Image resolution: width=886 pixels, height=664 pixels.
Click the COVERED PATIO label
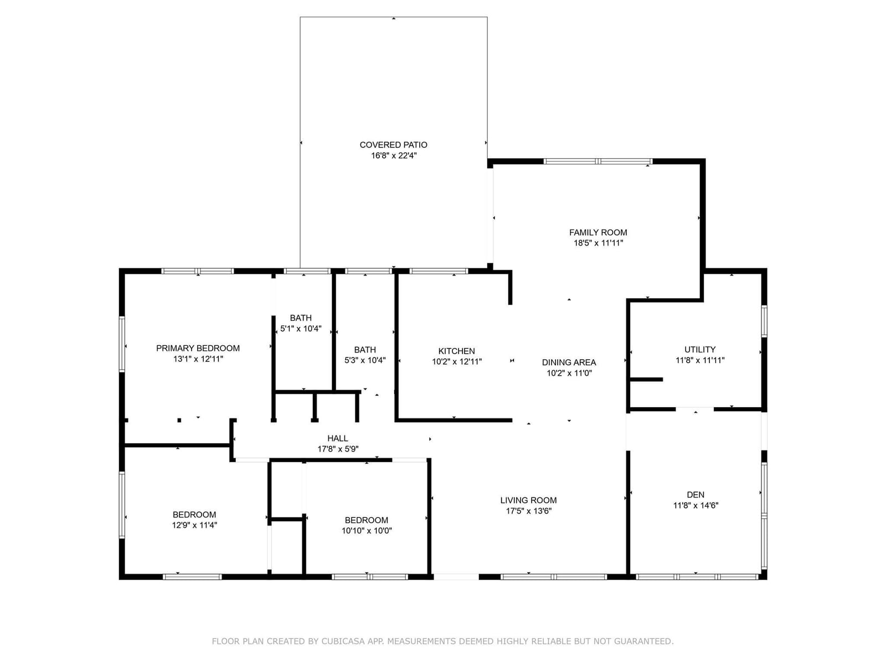393,145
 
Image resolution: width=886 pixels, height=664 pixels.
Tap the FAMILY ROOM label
598,232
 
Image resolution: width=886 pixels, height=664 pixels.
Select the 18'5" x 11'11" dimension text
598,243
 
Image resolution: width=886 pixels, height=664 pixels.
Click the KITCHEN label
456,351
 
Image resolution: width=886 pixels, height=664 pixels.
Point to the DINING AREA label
569,362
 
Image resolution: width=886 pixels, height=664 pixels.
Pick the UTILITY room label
700,350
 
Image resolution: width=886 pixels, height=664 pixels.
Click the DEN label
696,495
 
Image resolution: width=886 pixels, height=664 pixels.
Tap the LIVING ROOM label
528,500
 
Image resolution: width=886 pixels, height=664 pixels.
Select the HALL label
337,438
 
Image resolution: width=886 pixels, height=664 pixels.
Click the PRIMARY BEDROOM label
198,349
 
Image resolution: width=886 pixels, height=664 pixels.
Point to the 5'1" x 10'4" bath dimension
301,329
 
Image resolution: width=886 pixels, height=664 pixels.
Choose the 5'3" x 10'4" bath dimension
365,360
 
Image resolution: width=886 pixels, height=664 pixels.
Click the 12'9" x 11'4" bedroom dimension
194,525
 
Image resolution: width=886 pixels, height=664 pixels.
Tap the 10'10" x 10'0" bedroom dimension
367,531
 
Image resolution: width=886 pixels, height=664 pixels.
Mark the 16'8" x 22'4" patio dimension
394,155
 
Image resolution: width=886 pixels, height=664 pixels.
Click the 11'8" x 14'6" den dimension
696,505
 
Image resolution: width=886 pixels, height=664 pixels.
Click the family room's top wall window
598,161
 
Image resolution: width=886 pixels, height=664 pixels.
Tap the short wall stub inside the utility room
646,380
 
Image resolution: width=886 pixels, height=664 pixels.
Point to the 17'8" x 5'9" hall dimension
338,449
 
